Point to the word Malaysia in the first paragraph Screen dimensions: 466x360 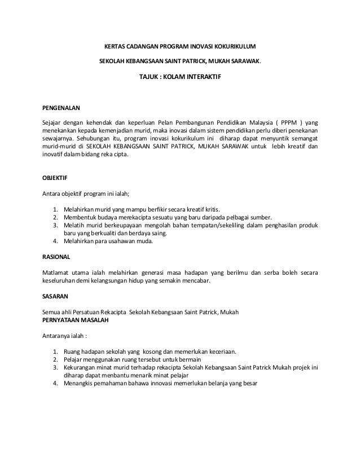[256, 122]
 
